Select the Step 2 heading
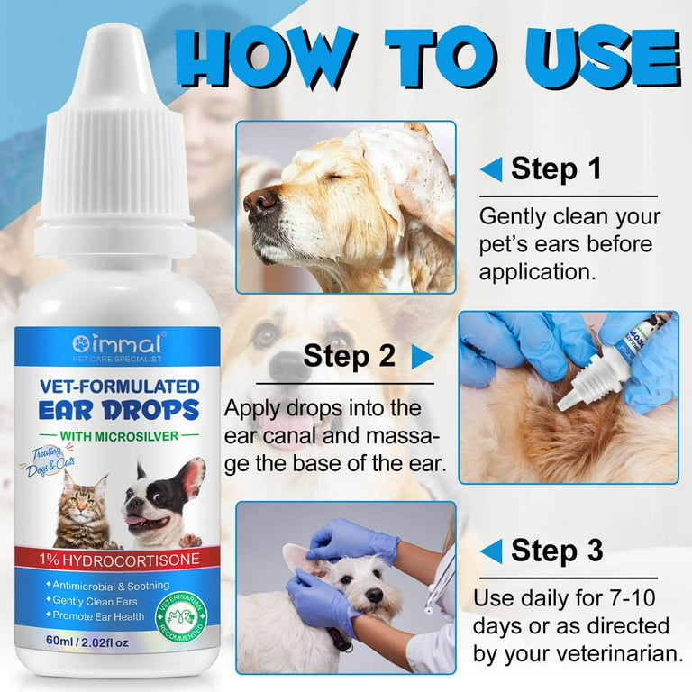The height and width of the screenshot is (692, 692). coord(350,355)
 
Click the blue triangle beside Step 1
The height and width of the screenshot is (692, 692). coord(491,168)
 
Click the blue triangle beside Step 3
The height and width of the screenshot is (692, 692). coord(491,550)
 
